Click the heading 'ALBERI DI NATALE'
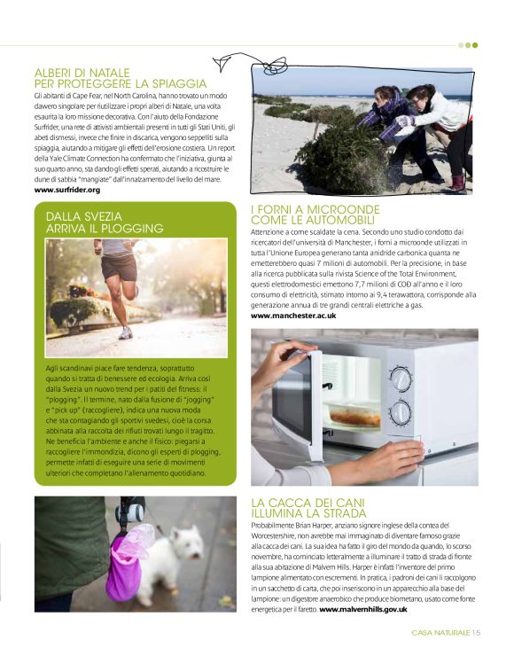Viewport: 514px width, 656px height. point(82,72)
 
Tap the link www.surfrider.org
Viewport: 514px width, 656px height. point(67,190)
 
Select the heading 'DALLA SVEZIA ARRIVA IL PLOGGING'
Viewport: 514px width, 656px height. point(105,222)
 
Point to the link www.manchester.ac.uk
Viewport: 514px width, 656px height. point(293,316)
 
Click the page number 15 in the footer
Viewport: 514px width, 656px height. point(476,632)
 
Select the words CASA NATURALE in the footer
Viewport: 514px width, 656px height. point(440,632)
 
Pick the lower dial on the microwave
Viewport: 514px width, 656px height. point(401,413)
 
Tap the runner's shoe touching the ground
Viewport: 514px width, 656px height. point(126,332)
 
